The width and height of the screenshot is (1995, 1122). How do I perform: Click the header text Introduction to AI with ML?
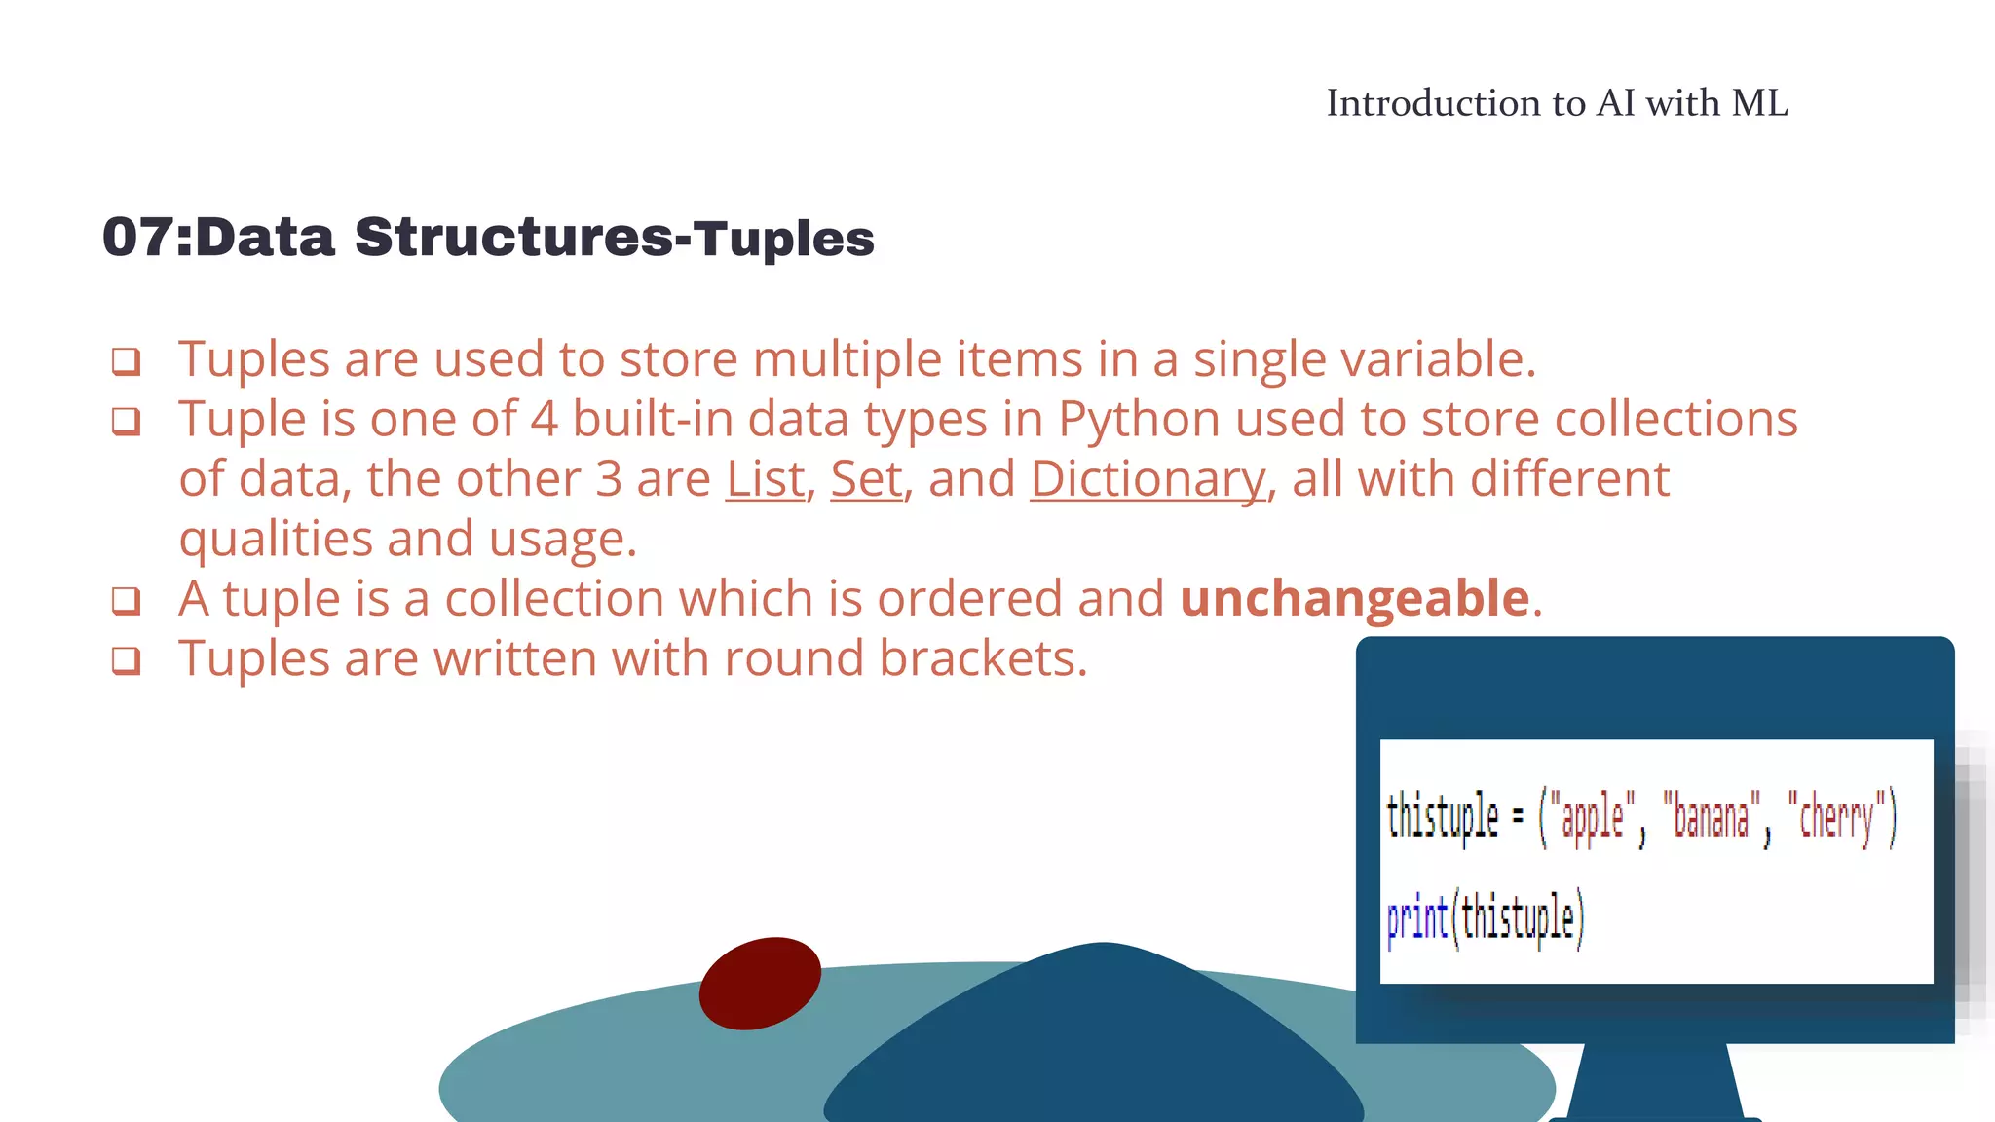tap(1557, 103)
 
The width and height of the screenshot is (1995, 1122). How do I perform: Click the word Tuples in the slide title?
tap(784, 239)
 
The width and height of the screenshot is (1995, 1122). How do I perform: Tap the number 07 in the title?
tap(136, 238)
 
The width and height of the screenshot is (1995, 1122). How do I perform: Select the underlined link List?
tap(766, 479)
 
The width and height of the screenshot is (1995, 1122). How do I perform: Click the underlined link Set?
tap(866, 479)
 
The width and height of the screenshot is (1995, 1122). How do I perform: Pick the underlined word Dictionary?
tap(1148, 479)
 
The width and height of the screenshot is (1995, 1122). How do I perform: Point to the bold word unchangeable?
tap(1354, 598)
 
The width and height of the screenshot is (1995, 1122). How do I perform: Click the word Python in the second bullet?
tap(1139, 420)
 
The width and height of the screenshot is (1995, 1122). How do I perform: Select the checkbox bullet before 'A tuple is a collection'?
tap(126, 601)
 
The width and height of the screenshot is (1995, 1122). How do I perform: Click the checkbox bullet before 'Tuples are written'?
tap(126, 660)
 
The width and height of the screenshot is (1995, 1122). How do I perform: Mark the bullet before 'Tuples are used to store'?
tap(126, 361)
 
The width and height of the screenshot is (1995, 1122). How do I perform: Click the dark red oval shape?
tap(760, 983)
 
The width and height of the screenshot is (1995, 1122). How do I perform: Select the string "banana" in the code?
tap(1712, 817)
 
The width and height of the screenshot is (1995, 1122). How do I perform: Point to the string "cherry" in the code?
tap(1836, 818)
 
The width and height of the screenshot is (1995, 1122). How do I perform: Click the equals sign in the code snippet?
tap(1518, 817)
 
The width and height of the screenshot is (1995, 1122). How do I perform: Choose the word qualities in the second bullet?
tap(276, 540)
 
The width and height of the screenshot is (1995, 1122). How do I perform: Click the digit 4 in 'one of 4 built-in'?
tap(544, 420)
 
